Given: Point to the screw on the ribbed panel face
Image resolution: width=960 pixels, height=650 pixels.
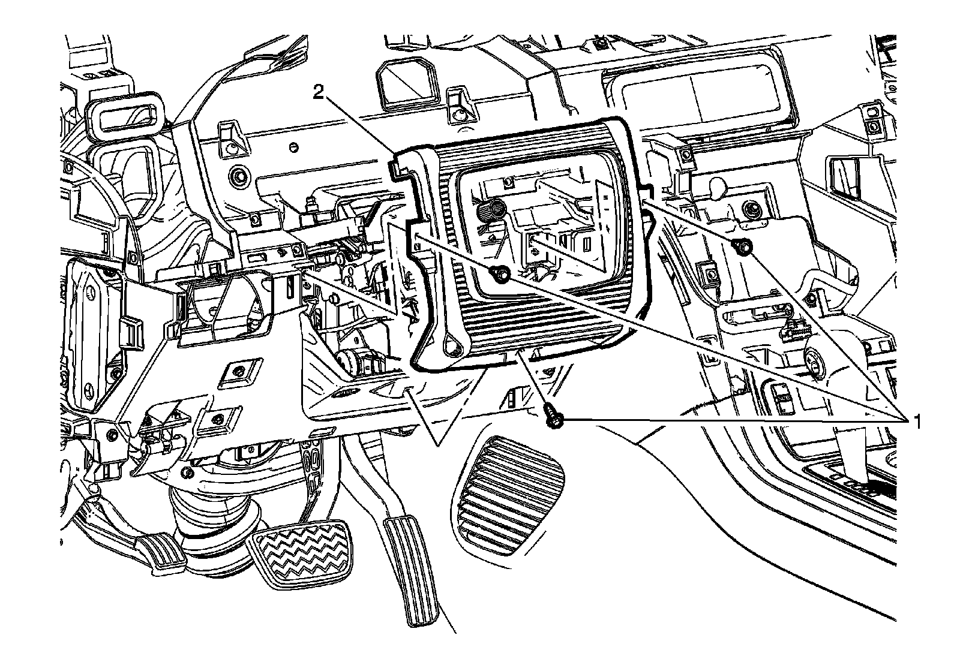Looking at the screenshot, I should [499, 273].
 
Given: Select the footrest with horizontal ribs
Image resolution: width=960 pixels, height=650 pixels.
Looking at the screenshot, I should [508, 493].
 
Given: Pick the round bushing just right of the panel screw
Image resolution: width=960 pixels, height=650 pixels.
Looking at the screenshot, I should [749, 209].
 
